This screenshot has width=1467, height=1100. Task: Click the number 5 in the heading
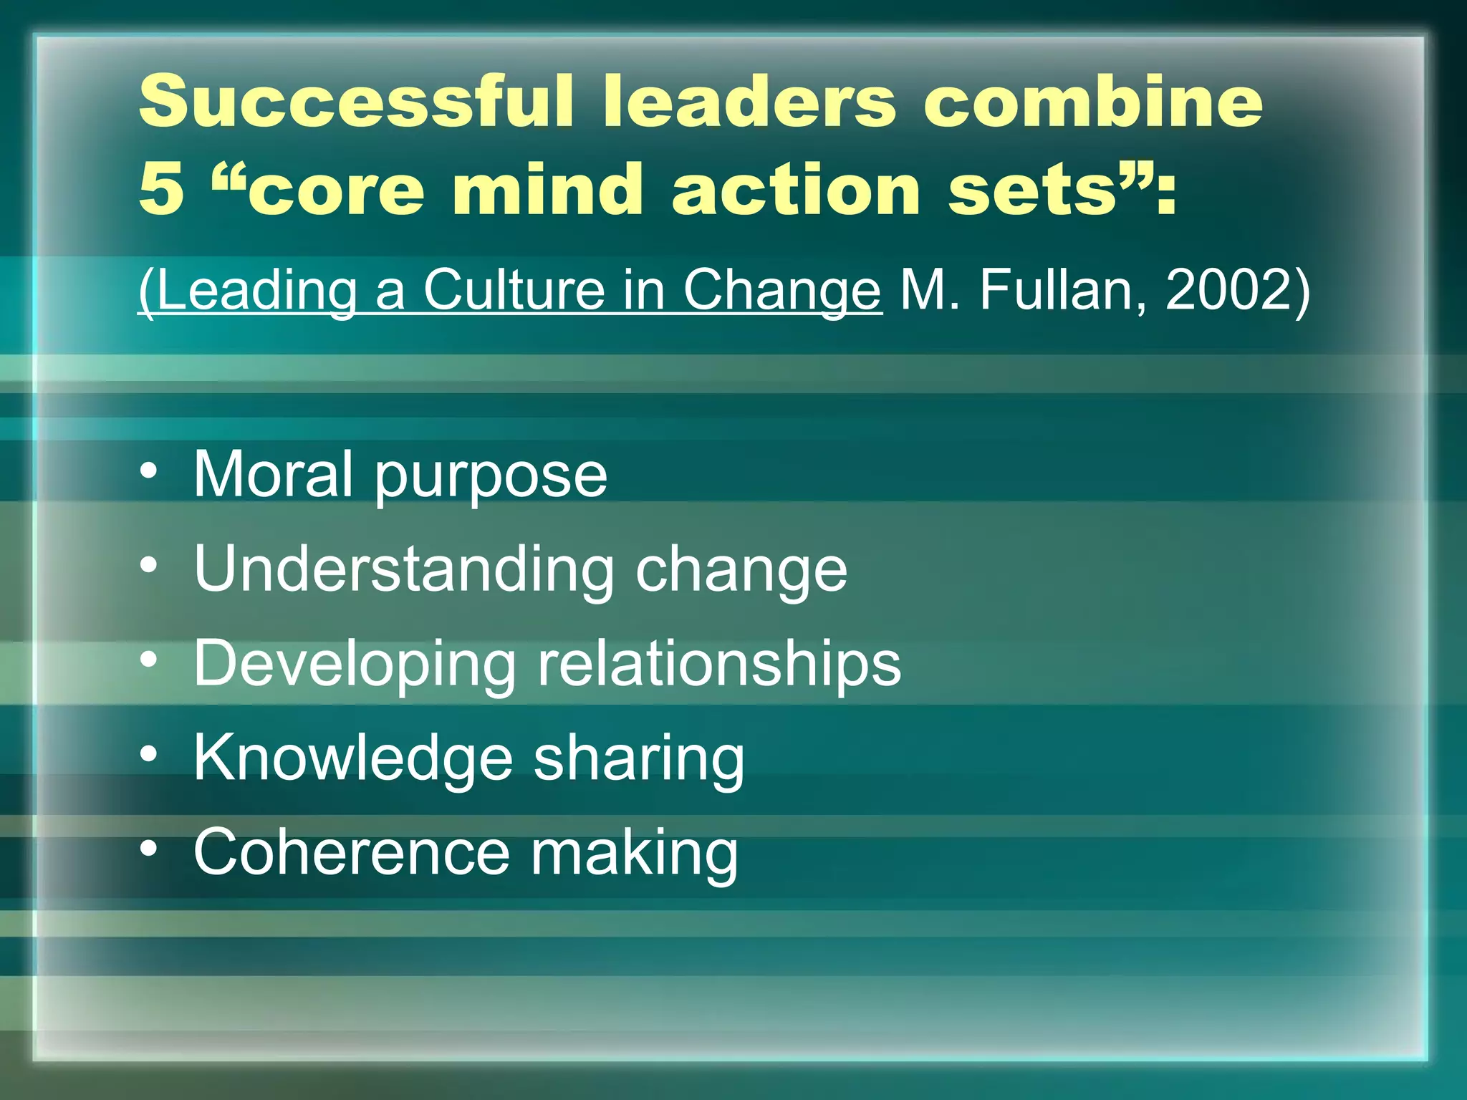click(161, 188)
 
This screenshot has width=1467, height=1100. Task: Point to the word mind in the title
click(547, 188)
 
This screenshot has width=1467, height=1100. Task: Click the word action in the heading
click(795, 188)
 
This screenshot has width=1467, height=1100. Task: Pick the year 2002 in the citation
click(1228, 290)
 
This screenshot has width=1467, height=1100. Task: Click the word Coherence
click(351, 852)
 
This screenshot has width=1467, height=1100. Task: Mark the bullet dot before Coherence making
click(149, 848)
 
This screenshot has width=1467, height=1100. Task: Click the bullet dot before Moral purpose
click(149, 471)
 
